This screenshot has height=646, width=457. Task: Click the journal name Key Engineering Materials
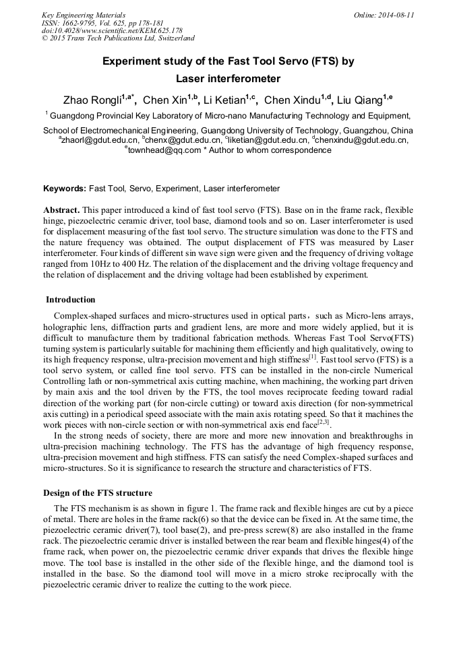[84, 15]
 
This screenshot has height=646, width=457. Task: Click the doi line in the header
[113, 31]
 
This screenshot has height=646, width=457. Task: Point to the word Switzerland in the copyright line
[171, 39]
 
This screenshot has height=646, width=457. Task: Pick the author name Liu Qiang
[359, 100]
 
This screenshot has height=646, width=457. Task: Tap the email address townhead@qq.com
[164, 150]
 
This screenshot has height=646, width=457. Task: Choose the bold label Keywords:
[65, 189]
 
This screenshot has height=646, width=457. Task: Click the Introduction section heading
[71, 300]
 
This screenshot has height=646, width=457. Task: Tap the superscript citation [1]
[312, 357]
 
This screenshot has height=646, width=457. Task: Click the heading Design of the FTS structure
[98, 492]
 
